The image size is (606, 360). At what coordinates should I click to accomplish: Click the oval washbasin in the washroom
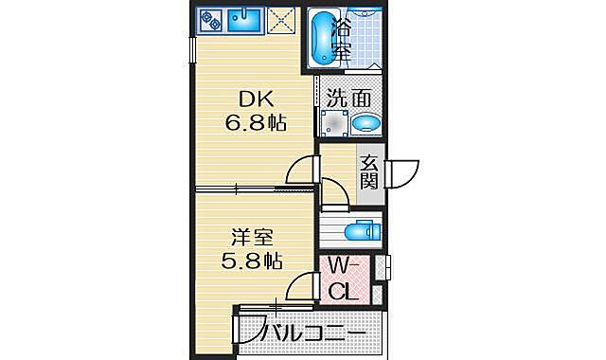coord(365,123)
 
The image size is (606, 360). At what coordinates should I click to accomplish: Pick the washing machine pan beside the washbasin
coord(333,123)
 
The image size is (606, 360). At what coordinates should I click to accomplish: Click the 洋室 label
coord(254,234)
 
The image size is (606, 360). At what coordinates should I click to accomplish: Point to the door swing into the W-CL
coord(306,284)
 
